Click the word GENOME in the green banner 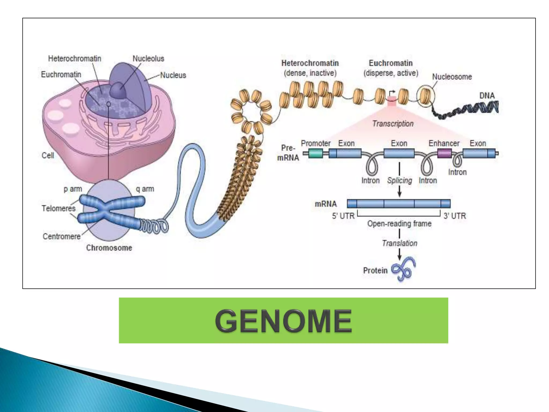[x=283, y=321]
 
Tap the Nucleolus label [x=148, y=58]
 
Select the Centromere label [x=61, y=236]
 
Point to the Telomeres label [x=58, y=208]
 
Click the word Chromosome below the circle [x=109, y=248]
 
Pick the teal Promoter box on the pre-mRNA [x=316, y=153]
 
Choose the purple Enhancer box [x=444, y=153]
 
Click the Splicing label [x=399, y=181]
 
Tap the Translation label [x=399, y=243]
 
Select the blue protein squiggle [x=404, y=269]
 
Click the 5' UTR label [x=343, y=216]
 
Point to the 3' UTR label [x=455, y=216]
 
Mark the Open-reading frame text [x=399, y=224]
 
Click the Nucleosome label [x=452, y=77]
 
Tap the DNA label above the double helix [x=487, y=95]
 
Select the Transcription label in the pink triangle [x=393, y=124]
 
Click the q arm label [x=145, y=189]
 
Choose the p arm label [x=73, y=189]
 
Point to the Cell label [x=48, y=155]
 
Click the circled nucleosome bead [x=425, y=95]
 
